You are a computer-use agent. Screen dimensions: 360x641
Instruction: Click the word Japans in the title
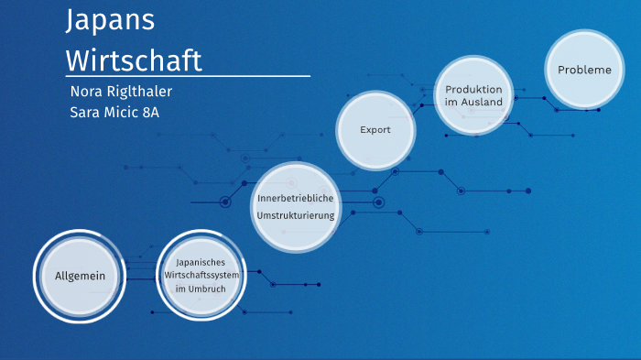[110, 21]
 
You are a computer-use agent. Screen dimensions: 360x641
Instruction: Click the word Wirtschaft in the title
[134, 60]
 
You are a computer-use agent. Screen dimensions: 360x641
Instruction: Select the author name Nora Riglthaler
[121, 92]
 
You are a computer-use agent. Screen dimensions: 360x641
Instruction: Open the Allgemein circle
[81, 276]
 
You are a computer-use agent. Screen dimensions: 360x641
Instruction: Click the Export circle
[375, 130]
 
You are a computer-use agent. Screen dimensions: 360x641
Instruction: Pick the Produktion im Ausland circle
[473, 95]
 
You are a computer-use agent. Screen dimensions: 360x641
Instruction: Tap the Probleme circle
[584, 70]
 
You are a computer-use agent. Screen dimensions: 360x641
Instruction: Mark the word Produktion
[473, 89]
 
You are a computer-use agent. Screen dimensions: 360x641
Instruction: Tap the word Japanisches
[201, 261]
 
